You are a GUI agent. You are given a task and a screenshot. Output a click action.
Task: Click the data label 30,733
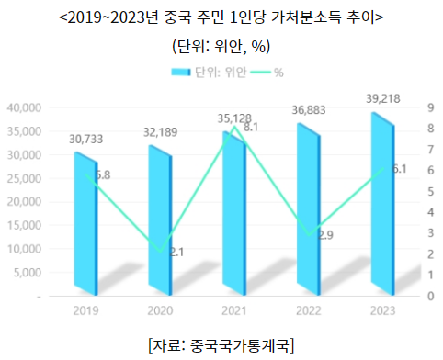(86, 140)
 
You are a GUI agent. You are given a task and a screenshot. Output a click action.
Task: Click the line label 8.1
(249, 128)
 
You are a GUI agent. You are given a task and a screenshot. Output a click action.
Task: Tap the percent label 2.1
(176, 252)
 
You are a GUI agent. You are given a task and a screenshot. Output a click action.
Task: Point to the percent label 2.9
(324, 235)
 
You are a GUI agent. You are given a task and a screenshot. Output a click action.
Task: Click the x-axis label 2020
(160, 310)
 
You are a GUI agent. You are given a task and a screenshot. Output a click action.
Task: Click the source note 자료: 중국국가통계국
(221, 343)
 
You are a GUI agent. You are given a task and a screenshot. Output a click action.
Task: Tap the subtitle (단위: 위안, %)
(221, 45)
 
